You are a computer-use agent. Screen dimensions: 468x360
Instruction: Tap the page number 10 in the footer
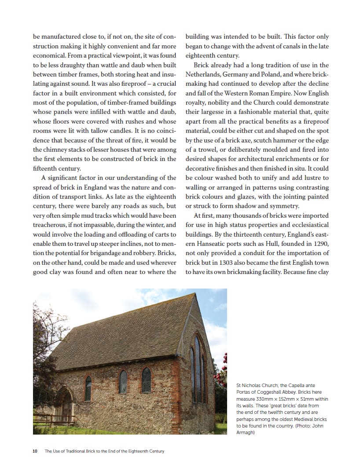35,451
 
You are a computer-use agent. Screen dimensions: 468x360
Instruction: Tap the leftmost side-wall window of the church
88,388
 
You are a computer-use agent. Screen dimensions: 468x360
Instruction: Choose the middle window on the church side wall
123,381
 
